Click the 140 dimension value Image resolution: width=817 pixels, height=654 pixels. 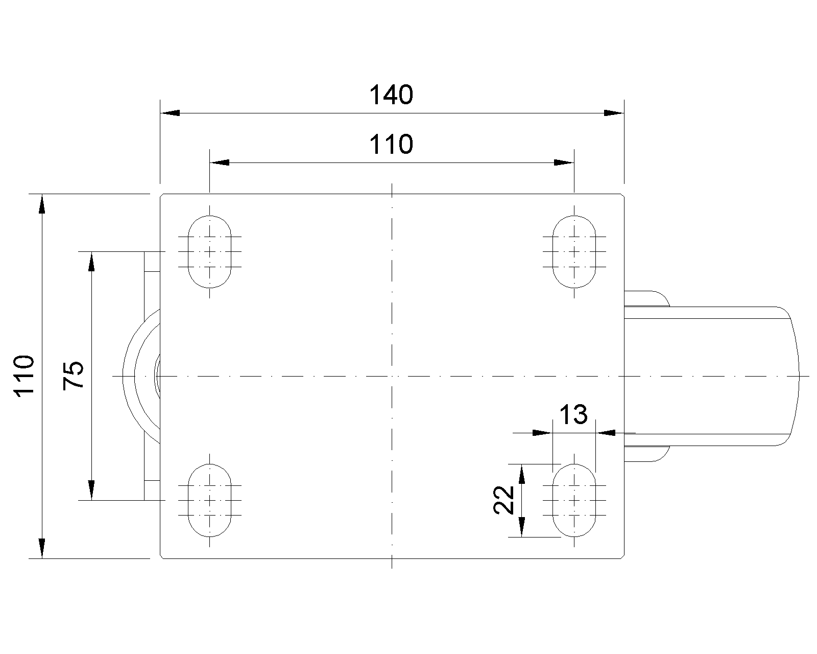[x=391, y=95]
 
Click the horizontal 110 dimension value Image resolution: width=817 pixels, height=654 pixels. [x=391, y=145]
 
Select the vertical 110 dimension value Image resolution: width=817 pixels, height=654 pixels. [x=25, y=376]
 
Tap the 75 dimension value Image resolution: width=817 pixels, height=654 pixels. [x=73, y=375]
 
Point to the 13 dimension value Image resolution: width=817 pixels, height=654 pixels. [x=573, y=414]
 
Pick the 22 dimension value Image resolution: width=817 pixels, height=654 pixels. [x=503, y=500]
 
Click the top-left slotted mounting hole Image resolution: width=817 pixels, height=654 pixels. [x=209, y=251]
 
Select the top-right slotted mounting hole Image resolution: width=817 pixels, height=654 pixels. [x=574, y=251]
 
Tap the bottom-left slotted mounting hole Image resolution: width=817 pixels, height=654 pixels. [x=209, y=500]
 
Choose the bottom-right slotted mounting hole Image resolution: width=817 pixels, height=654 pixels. [x=574, y=500]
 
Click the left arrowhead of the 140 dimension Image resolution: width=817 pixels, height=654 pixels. [x=170, y=113]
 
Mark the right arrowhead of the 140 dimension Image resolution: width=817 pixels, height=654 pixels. [x=614, y=113]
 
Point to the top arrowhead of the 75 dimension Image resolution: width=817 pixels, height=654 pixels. [x=91, y=262]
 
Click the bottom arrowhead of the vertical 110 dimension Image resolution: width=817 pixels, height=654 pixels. [x=42, y=549]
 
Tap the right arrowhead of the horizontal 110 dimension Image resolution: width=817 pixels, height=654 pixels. [x=564, y=162]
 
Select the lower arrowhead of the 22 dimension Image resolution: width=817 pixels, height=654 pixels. [x=522, y=527]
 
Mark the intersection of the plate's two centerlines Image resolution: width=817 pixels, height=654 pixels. [x=392, y=376]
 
